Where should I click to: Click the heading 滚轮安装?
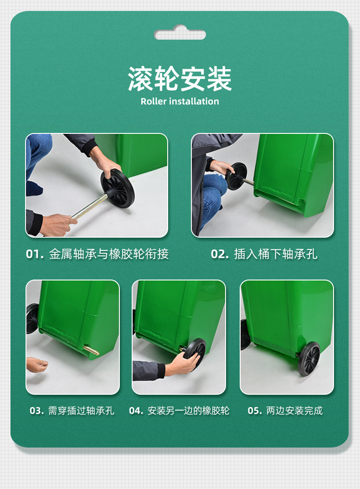[180, 79]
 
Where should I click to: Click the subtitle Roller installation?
[180, 102]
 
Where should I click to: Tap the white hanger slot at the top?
[180, 33]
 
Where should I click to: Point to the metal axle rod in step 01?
[88, 206]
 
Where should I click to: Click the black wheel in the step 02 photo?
[236, 176]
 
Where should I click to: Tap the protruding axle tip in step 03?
[92, 350]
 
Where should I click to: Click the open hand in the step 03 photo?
[37, 365]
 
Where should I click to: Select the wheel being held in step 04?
[195, 353]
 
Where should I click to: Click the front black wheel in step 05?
[309, 358]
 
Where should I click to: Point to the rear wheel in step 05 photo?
[246, 334]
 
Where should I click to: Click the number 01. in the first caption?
[35, 254]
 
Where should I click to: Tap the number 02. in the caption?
[220, 254]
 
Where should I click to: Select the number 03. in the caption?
[37, 410]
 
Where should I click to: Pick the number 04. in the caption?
[136, 410]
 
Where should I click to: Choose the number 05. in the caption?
[255, 410]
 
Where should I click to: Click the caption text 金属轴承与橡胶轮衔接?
[108, 254]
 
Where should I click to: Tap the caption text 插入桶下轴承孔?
[276, 254]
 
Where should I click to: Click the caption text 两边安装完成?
[294, 410]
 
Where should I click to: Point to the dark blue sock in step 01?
[34, 188]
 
